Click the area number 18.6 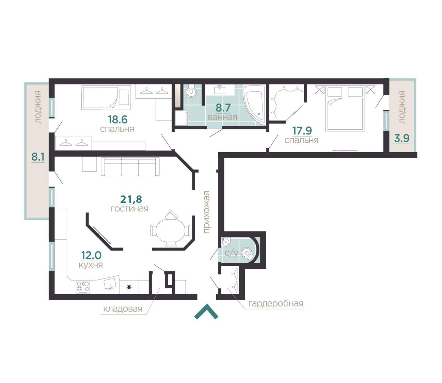pyautogui.click(x=117, y=119)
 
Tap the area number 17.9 pyautogui.click(x=302, y=131)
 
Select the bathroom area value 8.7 pyautogui.click(x=223, y=108)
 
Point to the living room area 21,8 pyautogui.click(x=131, y=199)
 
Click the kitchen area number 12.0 pyautogui.click(x=91, y=255)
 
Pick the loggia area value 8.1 pyautogui.click(x=38, y=157)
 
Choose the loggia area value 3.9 pyautogui.click(x=402, y=139)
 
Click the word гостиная pyautogui.click(x=130, y=209)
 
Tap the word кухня pyautogui.click(x=91, y=265)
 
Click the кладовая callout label pyautogui.click(x=123, y=309)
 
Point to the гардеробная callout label pyautogui.click(x=275, y=304)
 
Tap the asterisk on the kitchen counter pyautogui.click(x=129, y=287)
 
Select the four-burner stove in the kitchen pyautogui.click(x=83, y=287)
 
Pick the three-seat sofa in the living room pyautogui.click(x=130, y=167)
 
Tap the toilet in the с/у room pyautogui.click(x=248, y=253)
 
